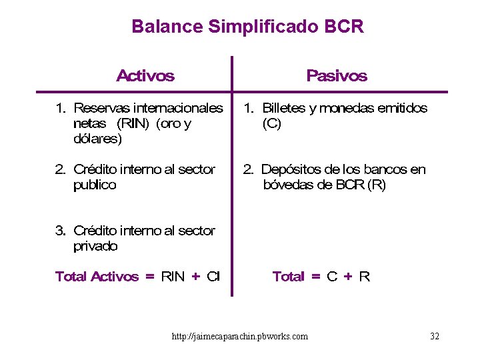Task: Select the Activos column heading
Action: pyautogui.click(x=145, y=75)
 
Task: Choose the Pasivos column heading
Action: pyautogui.click(x=337, y=75)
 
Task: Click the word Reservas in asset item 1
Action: pyautogui.click(x=101, y=107)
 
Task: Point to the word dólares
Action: pyautogui.click(x=97, y=139)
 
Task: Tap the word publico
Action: pyautogui.click(x=95, y=185)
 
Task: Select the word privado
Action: pyautogui.click(x=95, y=246)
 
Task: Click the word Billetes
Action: pyautogui.click(x=283, y=107)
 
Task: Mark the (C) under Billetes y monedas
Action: pyautogui.click(x=272, y=123)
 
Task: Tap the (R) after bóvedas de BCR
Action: pyautogui.click(x=376, y=185)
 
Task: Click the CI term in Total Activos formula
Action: pyautogui.click(x=213, y=276)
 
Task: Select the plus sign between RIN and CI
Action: pyautogui.click(x=196, y=276)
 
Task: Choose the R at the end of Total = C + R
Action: pyautogui.click(x=365, y=276)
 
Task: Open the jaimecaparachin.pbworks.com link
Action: pyautogui.click(x=240, y=336)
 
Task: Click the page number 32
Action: pyautogui.click(x=435, y=336)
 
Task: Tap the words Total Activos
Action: pyautogui.click(x=97, y=276)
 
